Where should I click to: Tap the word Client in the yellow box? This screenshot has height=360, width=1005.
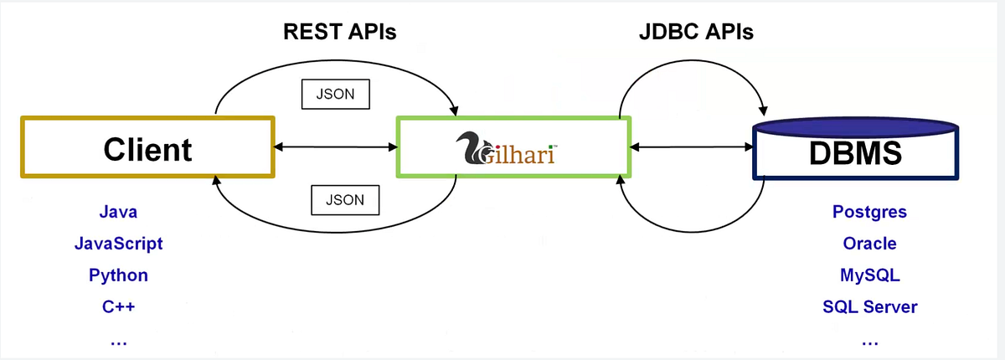pyautogui.click(x=147, y=149)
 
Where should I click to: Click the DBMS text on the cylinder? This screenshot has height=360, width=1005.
pyautogui.click(x=855, y=153)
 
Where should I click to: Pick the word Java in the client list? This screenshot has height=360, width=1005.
pyautogui.click(x=118, y=212)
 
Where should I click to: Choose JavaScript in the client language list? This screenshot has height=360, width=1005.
pyautogui.click(x=118, y=244)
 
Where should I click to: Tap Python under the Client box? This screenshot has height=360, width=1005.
pyautogui.click(x=118, y=275)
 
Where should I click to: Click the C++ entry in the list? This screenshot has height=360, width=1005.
pyautogui.click(x=118, y=307)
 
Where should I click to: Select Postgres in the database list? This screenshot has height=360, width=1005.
pyautogui.click(x=869, y=212)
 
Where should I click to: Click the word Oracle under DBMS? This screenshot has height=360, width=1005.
pyautogui.click(x=869, y=244)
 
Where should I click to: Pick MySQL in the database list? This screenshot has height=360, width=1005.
pyautogui.click(x=869, y=275)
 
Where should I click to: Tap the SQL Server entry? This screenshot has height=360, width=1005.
pyautogui.click(x=869, y=307)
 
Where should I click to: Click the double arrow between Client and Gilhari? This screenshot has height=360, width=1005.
pyautogui.click(x=335, y=148)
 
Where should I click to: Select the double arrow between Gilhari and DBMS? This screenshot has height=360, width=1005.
pyautogui.click(x=691, y=148)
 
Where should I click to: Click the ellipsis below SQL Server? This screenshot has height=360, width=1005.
pyautogui.click(x=869, y=342)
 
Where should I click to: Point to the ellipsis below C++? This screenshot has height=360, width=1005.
pyautogui.click(x=118, y=342)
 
